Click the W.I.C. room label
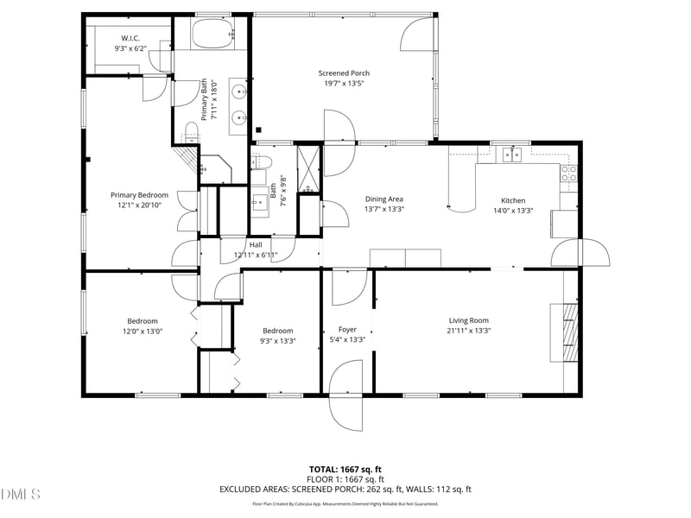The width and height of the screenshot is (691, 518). coord(130,38)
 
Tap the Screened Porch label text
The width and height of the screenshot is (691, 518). coord(344,73)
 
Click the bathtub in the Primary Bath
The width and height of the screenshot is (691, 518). coord(212,35)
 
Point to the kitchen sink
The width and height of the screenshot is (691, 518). coord(513,155)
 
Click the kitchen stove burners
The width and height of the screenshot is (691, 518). coord(568,174)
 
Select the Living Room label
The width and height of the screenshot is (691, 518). coord(469,320)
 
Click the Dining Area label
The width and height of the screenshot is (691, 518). coord(384,199)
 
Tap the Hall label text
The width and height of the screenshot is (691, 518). coord(256,244)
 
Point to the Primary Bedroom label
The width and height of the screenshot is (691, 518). coord(139,195)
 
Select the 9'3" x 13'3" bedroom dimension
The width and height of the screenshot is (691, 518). coord(278,341)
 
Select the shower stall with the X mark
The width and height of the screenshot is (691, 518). coord(309,162)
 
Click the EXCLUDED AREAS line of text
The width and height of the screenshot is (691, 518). coord(345,489)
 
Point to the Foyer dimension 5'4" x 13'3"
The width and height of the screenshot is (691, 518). coord(347,339)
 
